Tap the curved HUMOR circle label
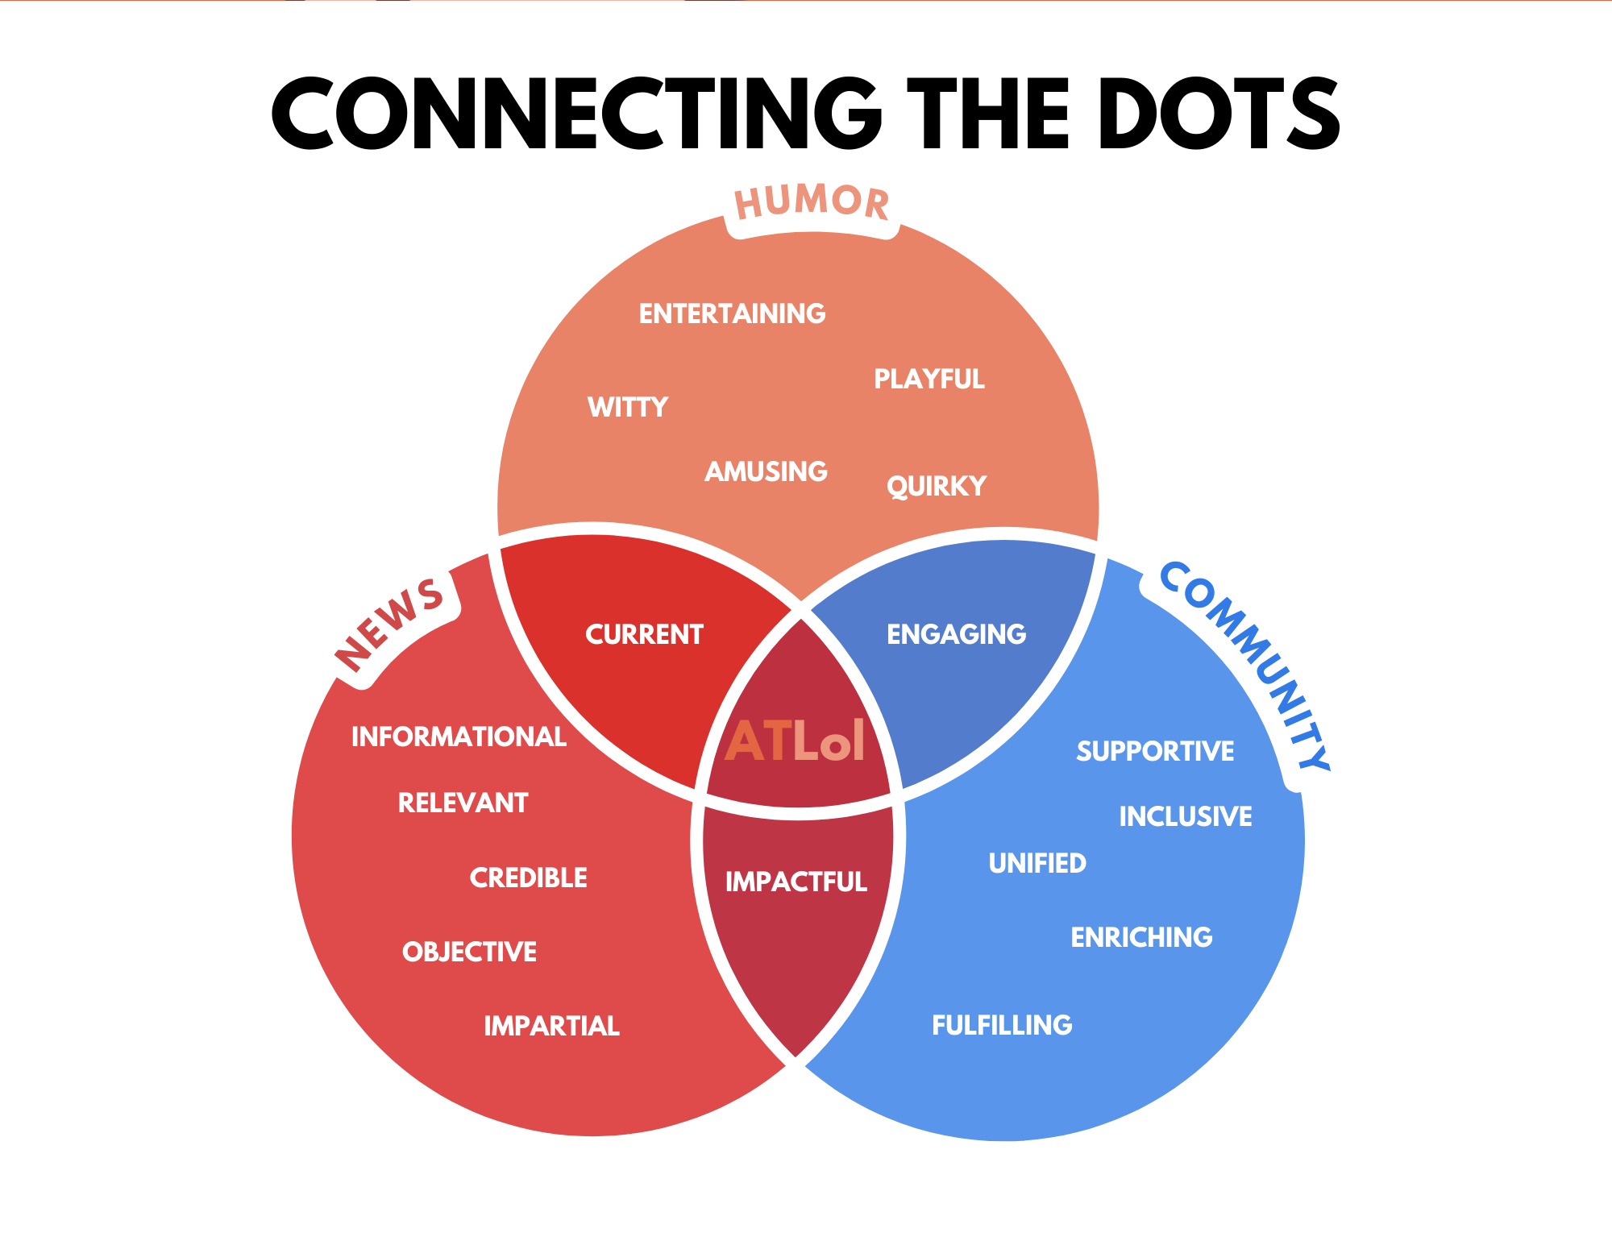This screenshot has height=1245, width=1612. point(812,201)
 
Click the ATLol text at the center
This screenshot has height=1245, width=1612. point(796,741)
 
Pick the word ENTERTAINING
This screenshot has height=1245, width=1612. point(732,313)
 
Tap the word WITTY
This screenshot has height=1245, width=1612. point(628,407)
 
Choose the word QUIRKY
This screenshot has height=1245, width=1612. point(937,486)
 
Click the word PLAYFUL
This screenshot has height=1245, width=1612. point(929,379)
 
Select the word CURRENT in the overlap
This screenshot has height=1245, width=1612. point(644,634)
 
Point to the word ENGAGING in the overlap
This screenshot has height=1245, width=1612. point(956,634)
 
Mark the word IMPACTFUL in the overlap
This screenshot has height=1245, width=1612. point(796,882)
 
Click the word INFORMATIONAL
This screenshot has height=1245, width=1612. point(459,737)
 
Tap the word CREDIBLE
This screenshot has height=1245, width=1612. point(529,878)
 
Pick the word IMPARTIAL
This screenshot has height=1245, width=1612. point(551,1026)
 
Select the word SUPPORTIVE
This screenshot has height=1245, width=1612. point(1155,751)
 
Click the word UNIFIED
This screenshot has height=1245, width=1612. point(1037,863)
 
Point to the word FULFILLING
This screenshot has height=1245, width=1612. point(1002,1025)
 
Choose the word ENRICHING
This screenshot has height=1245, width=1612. point(1141,937)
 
